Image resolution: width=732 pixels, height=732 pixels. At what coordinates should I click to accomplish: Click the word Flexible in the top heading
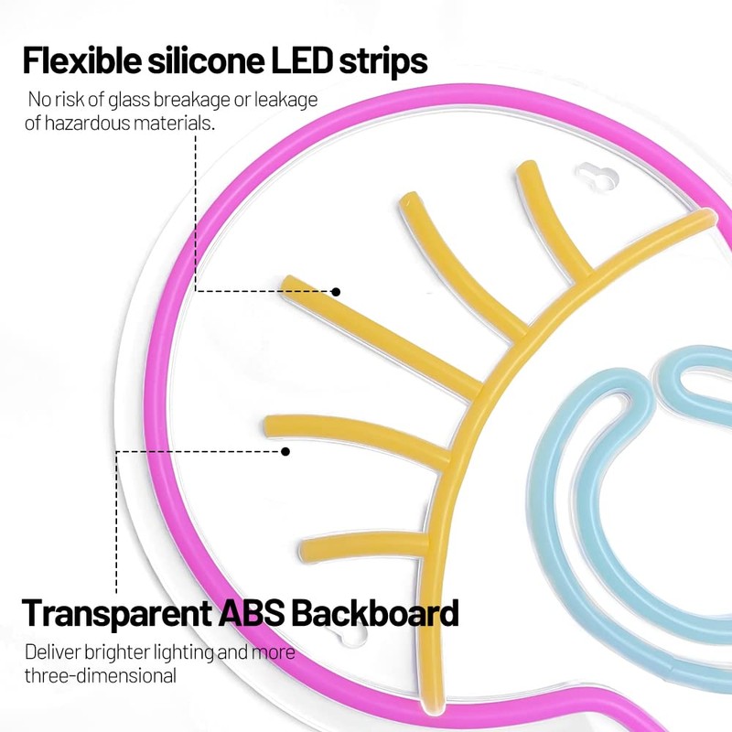(x=77, y=61)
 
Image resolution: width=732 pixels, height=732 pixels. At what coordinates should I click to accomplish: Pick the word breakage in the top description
(x=217, y=99)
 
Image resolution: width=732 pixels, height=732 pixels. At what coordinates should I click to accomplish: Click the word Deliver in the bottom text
(x=54, y=652)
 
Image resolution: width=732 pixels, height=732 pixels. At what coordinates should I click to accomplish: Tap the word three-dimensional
(x=101, y=676)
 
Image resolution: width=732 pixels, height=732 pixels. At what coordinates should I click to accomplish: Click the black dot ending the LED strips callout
(x=336, y=292)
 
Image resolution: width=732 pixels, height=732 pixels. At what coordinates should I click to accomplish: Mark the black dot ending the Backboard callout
(x=285, y=451)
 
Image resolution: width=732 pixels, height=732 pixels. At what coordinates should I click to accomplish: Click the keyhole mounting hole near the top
(x=595, y=177)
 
